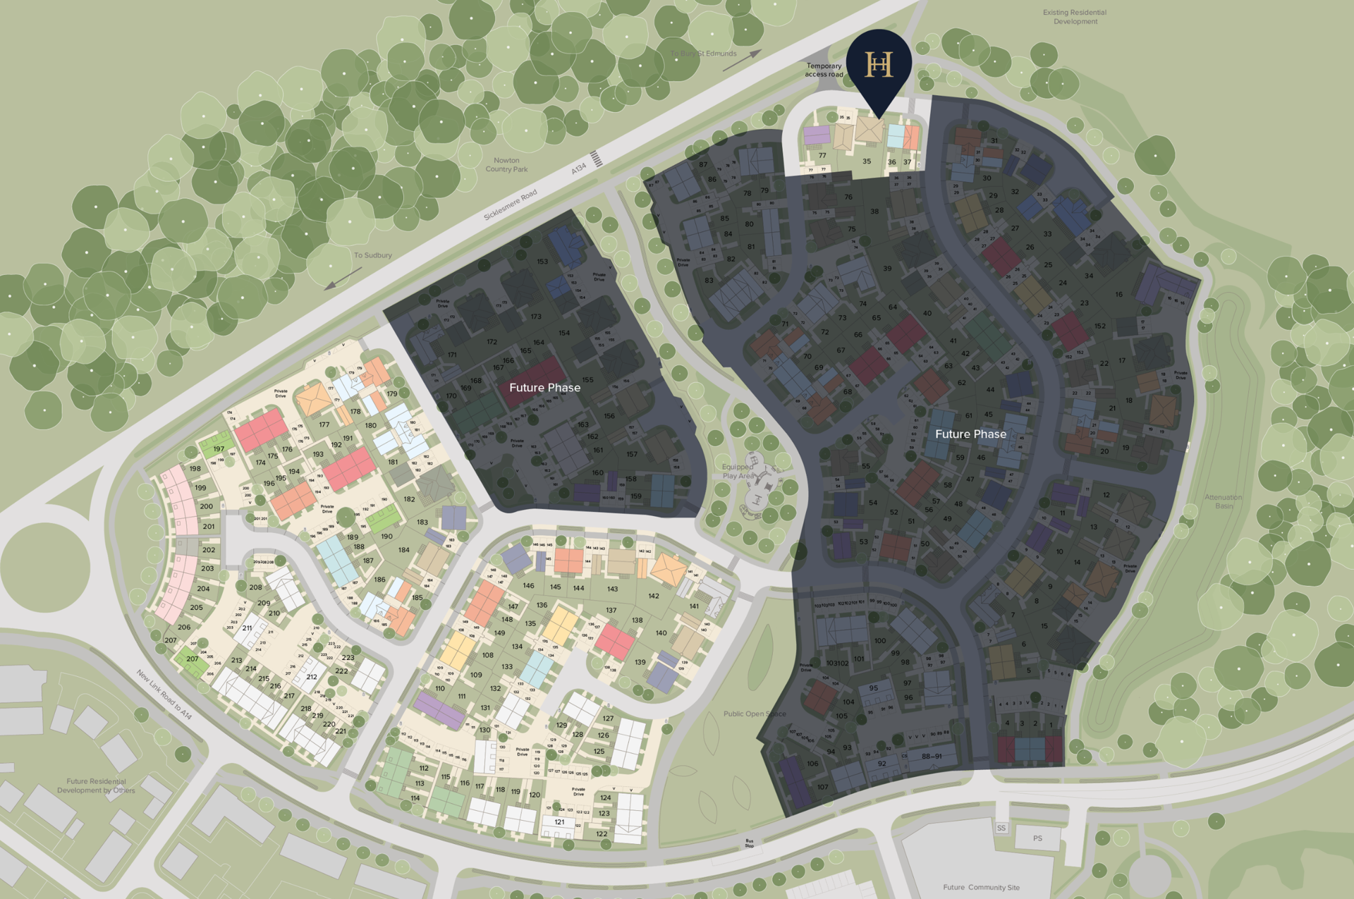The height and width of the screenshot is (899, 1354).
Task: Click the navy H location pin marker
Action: (x=879, y=65)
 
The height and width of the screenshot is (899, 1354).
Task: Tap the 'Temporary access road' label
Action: (x=824, y=70)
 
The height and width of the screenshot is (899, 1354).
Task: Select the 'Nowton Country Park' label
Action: (x=506, y=165)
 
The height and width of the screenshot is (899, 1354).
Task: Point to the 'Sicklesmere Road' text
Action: (x=510, y=204)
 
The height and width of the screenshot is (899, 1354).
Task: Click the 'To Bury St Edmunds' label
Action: (x=703, y=54)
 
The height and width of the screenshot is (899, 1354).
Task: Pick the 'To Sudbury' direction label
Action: (x=372, y=255)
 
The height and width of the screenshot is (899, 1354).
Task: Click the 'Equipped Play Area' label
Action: (x=738, y=471)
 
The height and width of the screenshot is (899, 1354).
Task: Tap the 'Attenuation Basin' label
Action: (x=1223, y=501)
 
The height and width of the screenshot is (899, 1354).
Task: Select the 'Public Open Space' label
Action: (x=754, y=714)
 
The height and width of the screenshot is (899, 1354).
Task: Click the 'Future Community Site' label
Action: (x=981, y=887)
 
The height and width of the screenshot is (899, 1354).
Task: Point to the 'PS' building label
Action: (x=1037, y=838)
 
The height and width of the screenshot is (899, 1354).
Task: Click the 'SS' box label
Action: (x=1001, y=828)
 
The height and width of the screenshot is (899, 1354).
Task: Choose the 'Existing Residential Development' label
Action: (x=1075, y=17)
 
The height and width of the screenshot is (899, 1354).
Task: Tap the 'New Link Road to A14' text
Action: (x=164, y=694)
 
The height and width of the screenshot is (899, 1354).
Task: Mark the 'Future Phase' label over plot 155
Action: (x=544, y=388)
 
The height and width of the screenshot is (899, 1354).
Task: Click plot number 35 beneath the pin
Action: (x=867, y=161)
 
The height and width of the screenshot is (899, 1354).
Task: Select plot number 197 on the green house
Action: (x=219, y=448)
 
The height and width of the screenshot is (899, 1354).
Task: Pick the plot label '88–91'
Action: (x=932, y=756)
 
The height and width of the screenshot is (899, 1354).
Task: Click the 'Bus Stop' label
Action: (x=749, y=843)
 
